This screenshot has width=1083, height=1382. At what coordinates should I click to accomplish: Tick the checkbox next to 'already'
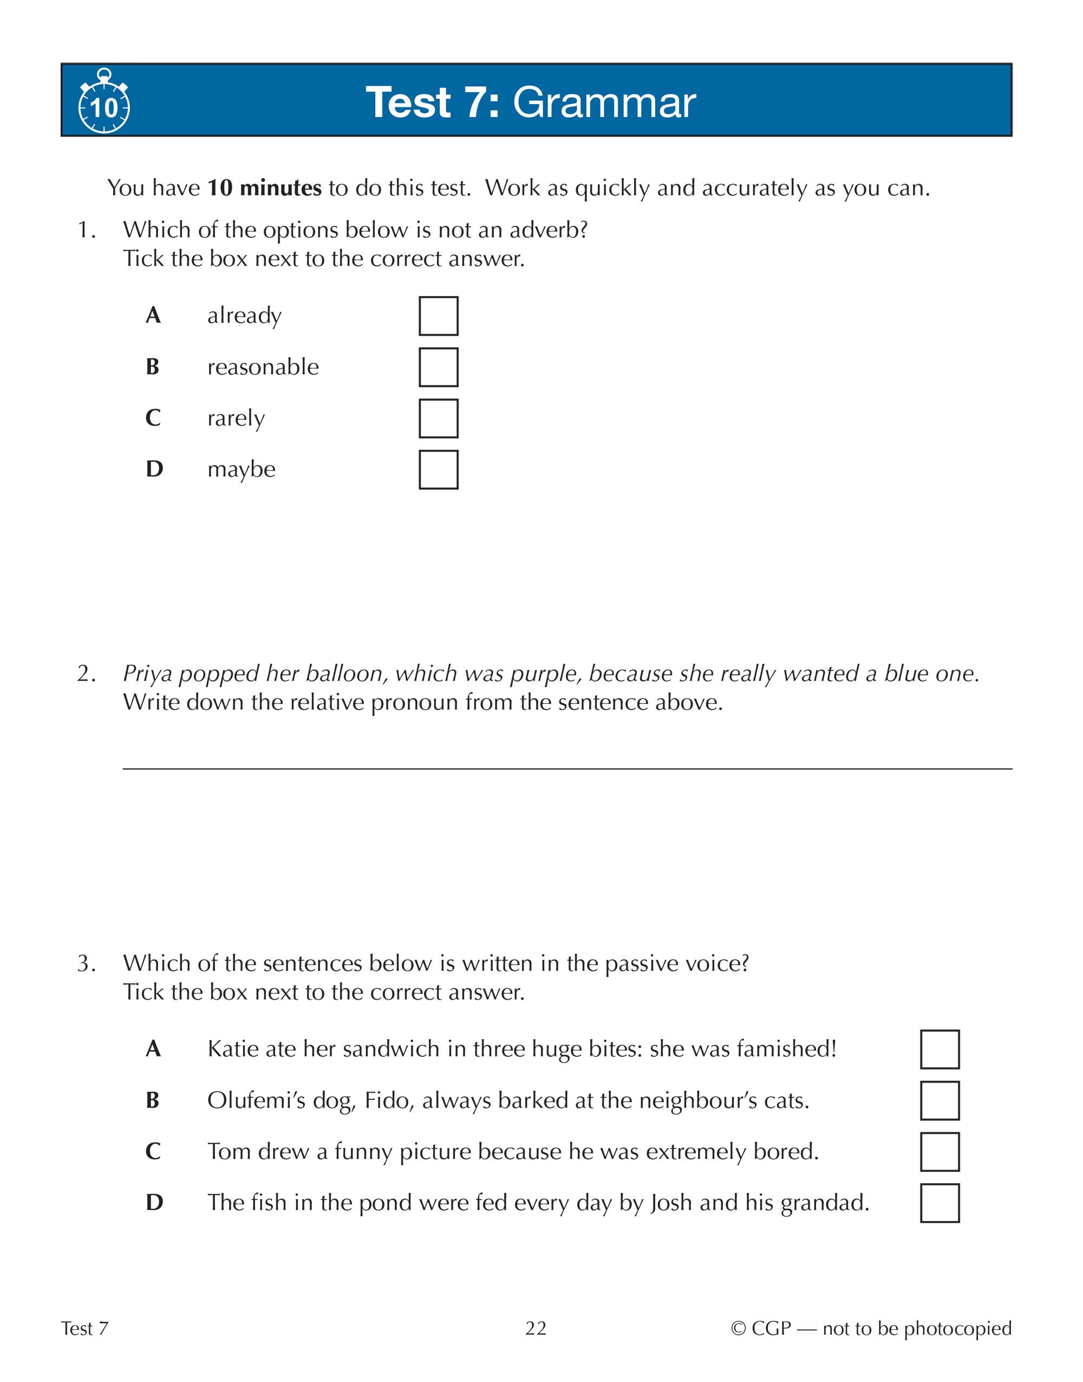pyautogui.click(x=438, y=316)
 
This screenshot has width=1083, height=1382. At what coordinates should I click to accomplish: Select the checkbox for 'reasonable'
pyautogui.click(x=438, y=367)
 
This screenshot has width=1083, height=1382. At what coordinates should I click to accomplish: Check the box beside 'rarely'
pyautogui.click(x=438, y=419)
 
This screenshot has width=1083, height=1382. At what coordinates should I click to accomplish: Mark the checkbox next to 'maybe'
pyautogui.click(x=438, y=470)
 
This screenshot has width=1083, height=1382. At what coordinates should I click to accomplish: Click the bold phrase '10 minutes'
pyautogui.click(x=264, y=188)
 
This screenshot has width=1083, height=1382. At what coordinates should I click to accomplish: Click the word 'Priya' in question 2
pyautogui.click(x=147, y=674)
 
